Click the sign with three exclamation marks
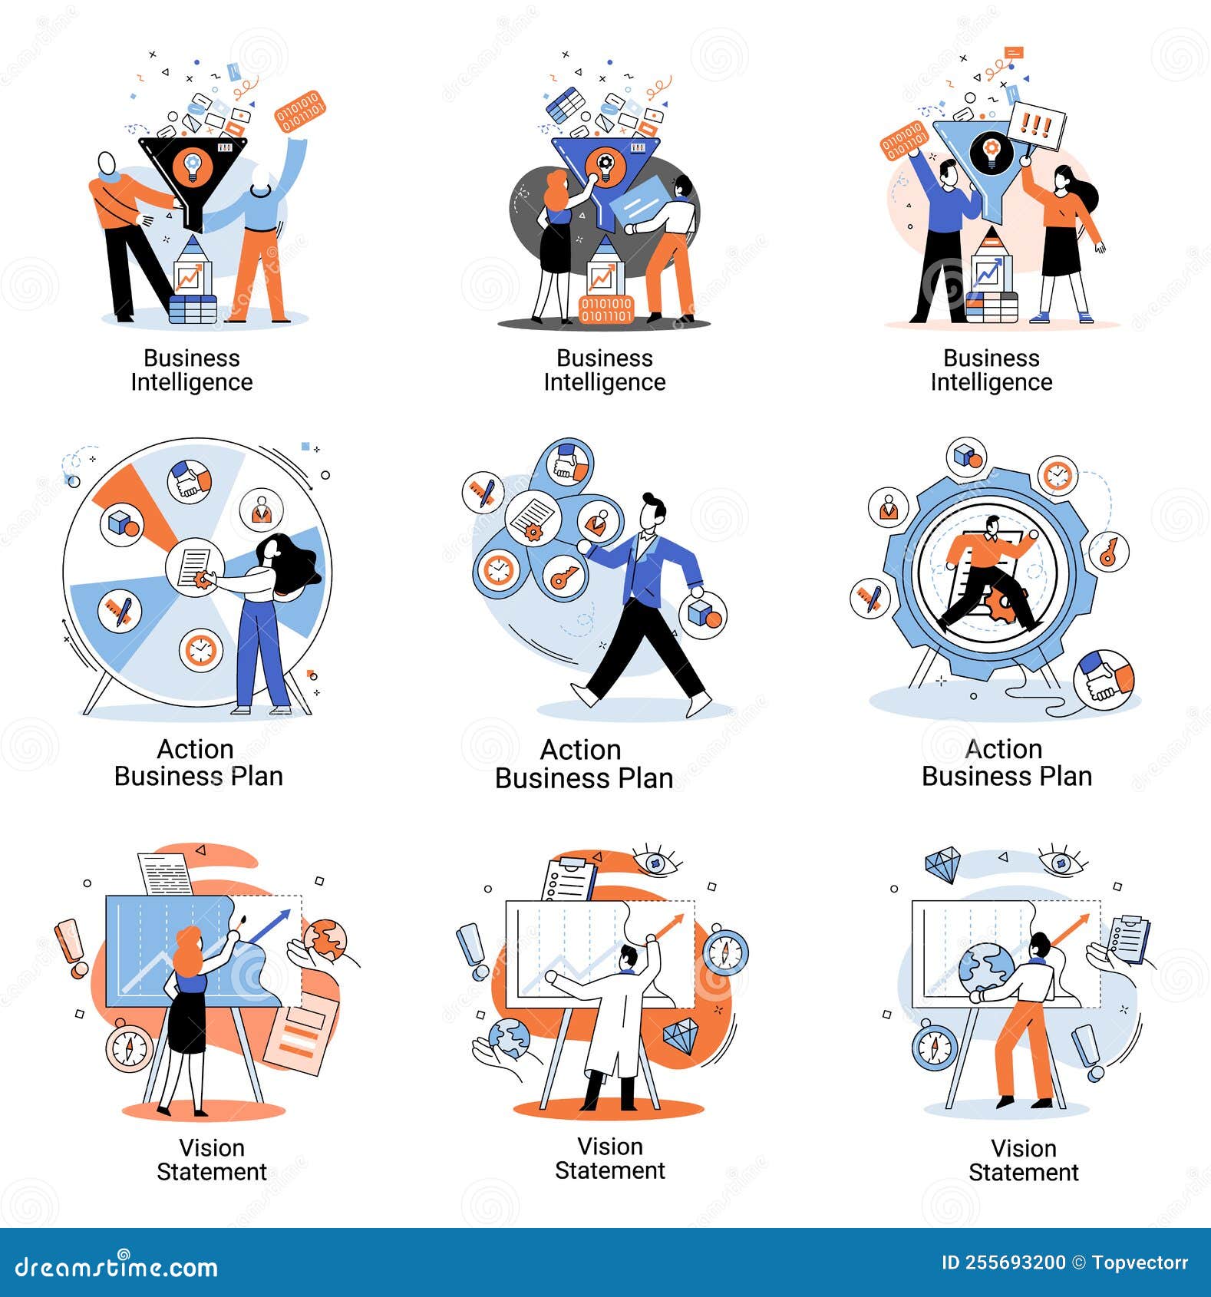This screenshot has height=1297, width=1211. tap(1038, 125)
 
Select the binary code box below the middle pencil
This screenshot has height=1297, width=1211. tap(605, 309)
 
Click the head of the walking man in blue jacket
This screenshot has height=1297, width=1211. tap(654, 510)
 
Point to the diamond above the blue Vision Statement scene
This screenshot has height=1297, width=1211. tap(942, 865)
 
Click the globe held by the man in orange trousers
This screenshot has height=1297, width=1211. tap(986, 969)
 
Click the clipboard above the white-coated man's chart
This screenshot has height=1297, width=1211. tap(569, 879)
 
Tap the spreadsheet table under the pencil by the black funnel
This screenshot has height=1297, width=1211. tap(192, 309)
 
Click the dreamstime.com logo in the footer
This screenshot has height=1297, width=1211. tap(117, 1266)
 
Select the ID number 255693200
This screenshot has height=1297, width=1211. tap(1003, 1262)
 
